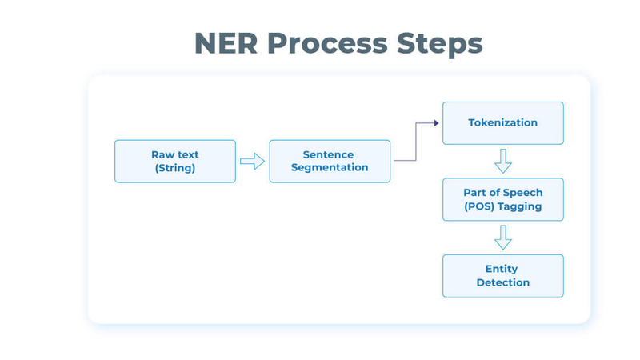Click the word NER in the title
click(226, 43)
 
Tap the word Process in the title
click(327, 43)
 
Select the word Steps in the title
click(439, 44)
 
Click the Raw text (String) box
click(175, 162)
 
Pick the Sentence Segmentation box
click(330, 162)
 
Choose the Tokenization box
click(503, 123)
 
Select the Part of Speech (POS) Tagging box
click(503, 199)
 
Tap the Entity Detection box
click(503, 276)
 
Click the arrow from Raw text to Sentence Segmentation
click(252, 162)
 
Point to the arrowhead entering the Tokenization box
click(436, 123)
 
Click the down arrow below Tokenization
click(503, 162)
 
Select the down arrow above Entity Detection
click(503, 238)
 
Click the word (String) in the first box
click(175, 168)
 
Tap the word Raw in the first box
click(162, 154)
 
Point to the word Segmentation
click(330, 168)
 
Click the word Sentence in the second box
click(328, 154)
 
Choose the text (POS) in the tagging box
click(479, 206)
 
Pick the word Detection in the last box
click(503, 282)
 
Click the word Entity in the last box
click(502, 269)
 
